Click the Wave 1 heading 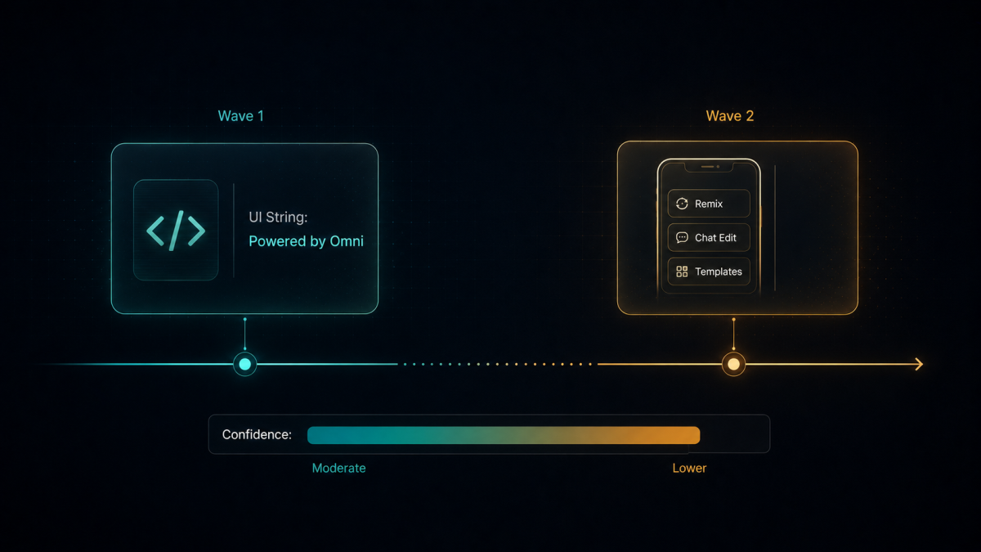click(x=241, y=116)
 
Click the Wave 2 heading click(x=729, y=116)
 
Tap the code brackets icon click(x=176, y=231)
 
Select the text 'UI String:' click(x=278, y=218)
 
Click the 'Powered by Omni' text click(x=306, y=241)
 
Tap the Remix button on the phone click(x=709, y=204)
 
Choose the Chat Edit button click(x=709, y=238)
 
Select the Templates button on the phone click(x=709, y=272)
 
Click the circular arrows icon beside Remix click(x=682, y=204)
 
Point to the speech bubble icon click(x=682, y=237)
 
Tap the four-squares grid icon click(x=682, y=272)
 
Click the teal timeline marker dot click(x=244, y=364)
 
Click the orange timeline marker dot click(x=733, y=364)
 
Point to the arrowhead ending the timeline click(x=919, y=364)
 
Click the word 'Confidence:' click(x=257, y=434)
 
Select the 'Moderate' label click(x=338, y=469)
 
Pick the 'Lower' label click(x=689, y=469)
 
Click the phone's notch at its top click(x=709, y=167)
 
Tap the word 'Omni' click(x=347, y=241)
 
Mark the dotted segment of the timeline click(x=498, y=364)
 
